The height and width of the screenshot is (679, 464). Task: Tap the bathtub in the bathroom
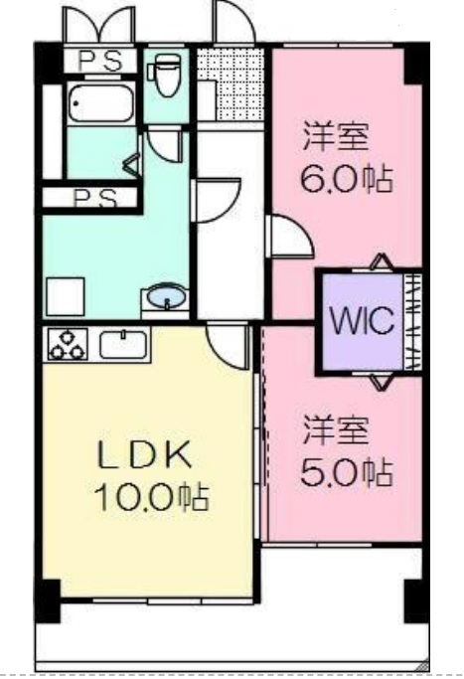coord(99,104)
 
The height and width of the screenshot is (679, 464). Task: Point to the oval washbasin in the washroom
coord(166,298)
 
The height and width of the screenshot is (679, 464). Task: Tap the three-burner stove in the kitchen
coord(67,344)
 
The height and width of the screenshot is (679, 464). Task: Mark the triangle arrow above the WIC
coord(379,262)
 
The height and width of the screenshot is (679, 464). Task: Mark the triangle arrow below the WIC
coord(379,380)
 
